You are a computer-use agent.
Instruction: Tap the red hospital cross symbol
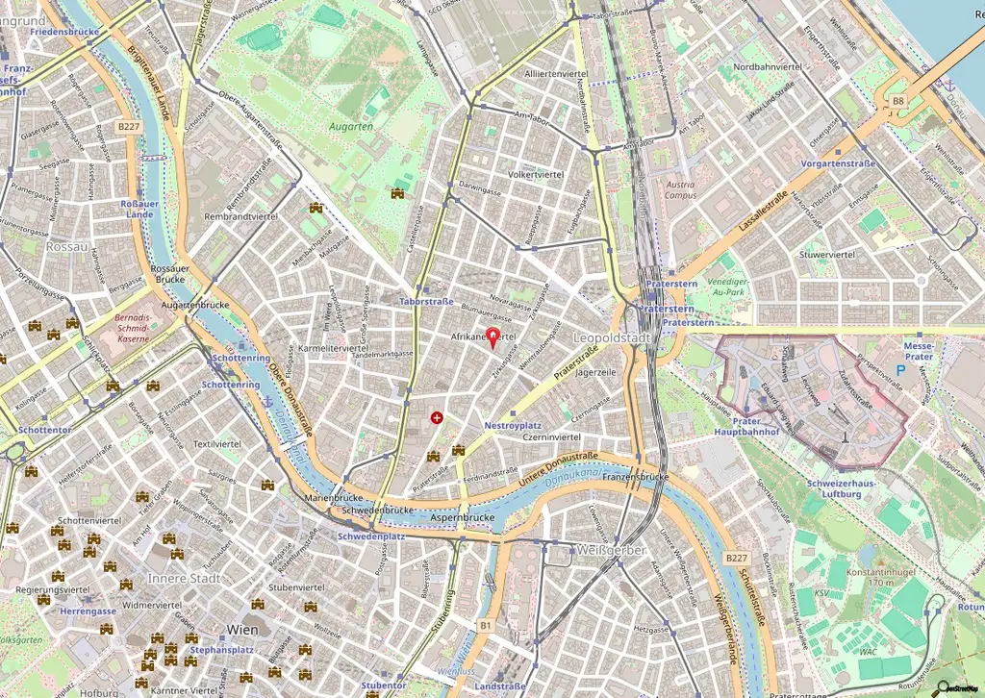pyautogui.click(x=438, y=417)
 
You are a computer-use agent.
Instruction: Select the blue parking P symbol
pyautogui.click(x=901, y=369)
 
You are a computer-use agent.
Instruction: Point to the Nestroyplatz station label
pyautogui.click(x=513, y=424)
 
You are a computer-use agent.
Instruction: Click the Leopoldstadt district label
pyautogui.click(x=613, y=339)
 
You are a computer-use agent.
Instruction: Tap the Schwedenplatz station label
pyautogui.click(x=368, y=536)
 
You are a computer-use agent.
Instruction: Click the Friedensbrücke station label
pyautogui.click(x=64, y=32)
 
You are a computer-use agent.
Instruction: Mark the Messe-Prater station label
pyautogui.click(x=920, y=351)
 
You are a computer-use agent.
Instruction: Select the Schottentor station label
pyautogui.click(x=44, y=431)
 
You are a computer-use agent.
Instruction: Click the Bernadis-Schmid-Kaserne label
pyautogui.click(x=132, y=327)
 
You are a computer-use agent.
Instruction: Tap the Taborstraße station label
pyautogui.click(x=426, y=301)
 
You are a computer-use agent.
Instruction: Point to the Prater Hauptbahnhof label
pyautogui.click(x=738, y=428)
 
